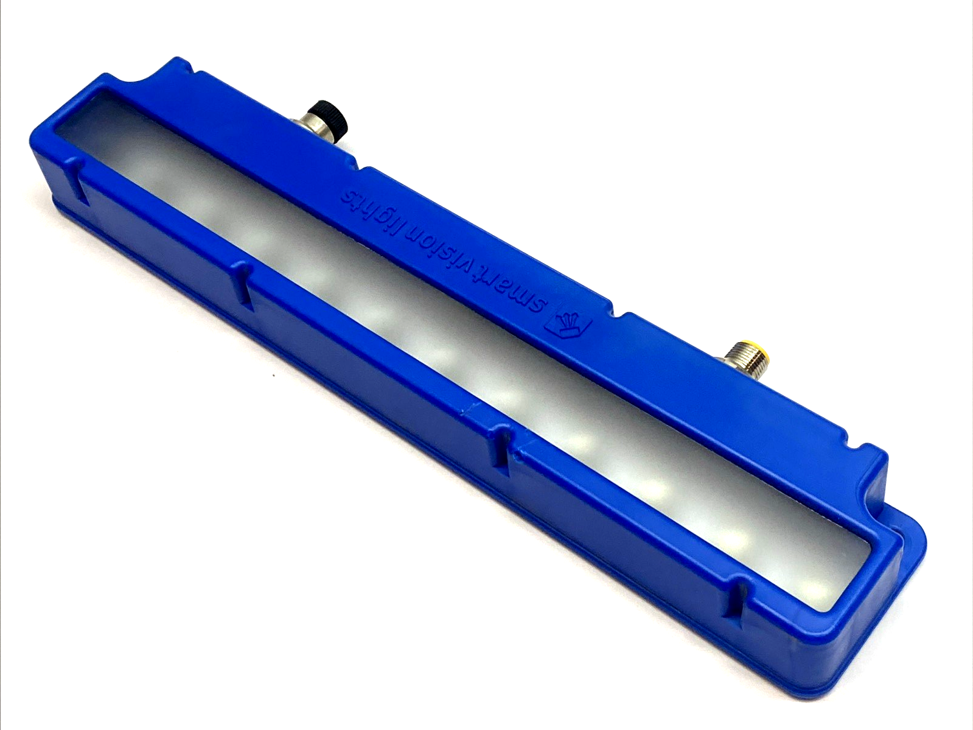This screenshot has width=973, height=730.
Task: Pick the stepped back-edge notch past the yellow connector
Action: [x=855, y=447]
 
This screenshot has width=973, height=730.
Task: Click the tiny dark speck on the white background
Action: [x=274, y=375]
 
